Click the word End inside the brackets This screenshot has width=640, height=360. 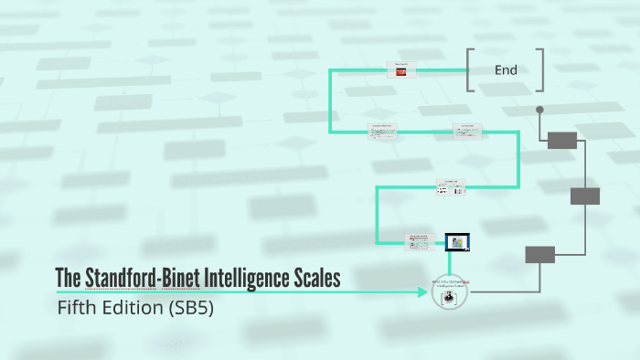506,70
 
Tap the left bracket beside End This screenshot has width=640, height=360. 470,70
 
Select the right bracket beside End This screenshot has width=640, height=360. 540,70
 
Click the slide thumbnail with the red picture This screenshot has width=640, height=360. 400,69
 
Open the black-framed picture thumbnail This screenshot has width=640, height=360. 457,242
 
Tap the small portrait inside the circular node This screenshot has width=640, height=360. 449,297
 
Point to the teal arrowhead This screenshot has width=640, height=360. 423,292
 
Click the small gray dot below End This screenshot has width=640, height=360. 539,110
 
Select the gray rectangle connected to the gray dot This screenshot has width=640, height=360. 561,140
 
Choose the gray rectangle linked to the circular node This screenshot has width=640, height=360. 539,255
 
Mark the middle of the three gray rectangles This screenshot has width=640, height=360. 584,196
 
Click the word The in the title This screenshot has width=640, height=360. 69,276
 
